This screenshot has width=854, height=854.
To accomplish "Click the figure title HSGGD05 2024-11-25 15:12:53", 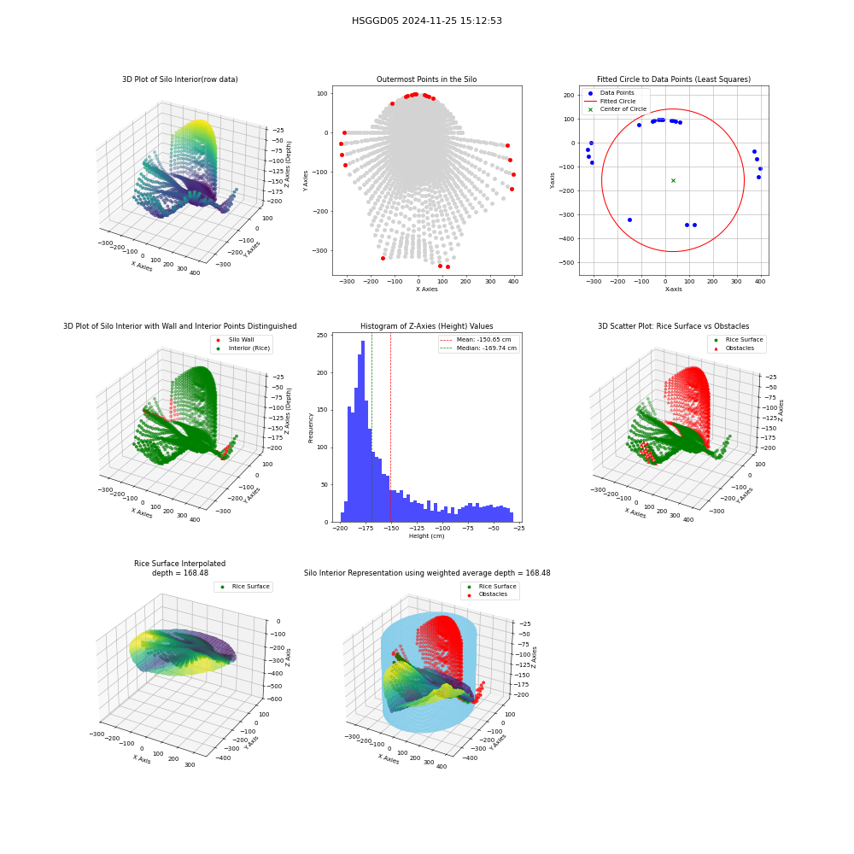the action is pos(426,20).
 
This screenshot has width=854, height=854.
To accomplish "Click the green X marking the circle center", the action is pos(673,180).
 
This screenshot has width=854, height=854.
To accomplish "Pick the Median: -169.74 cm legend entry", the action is pos(478,348).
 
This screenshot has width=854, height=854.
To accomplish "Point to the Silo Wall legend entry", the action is pos(235,339).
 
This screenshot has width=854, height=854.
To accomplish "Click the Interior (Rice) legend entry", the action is pos(243,348).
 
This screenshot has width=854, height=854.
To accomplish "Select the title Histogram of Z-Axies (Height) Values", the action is pos(426,325).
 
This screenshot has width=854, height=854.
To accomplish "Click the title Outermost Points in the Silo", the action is pos(426,79).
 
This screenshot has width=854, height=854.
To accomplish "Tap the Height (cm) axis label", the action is pos(426,536).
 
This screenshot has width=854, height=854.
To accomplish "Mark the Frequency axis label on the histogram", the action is pos(311,428).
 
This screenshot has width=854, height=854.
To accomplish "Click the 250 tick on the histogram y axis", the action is pos(323,336).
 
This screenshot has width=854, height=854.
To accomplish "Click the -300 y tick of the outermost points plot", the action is pos(319,251).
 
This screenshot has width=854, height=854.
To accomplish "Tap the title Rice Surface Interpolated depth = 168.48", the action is pos(179,568).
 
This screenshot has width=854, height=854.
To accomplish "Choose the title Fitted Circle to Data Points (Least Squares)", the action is pos(674,79).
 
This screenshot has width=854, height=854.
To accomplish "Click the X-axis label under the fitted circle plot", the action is pos(673,290).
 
